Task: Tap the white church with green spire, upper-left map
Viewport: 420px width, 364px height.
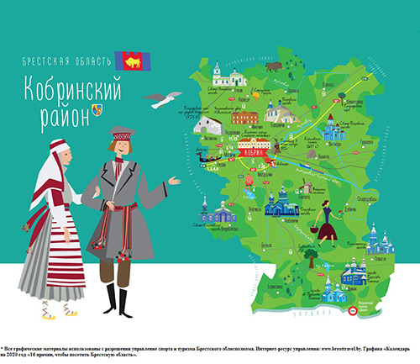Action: coord(218,71)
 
